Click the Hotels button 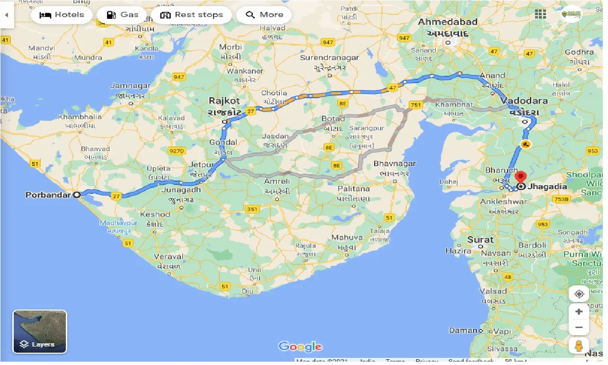pos(62,15)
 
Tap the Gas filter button pos(122,15)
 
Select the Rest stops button pos(192,15)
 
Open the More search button pos(264,15)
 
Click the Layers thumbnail pos(40,331)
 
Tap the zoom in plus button pos(579,312)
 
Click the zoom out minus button pos(579,327)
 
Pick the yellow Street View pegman pos(579,347)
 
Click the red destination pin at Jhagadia pos(521,177)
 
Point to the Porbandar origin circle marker pos(77,194)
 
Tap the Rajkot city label pos(224,101)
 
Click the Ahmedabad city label pos(447,22)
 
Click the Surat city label pos(481,239)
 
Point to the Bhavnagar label pos(394,164)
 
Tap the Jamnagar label pos(130,86)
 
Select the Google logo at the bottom pos(300,347)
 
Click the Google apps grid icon pos(540,14)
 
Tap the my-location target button pos(579,294)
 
